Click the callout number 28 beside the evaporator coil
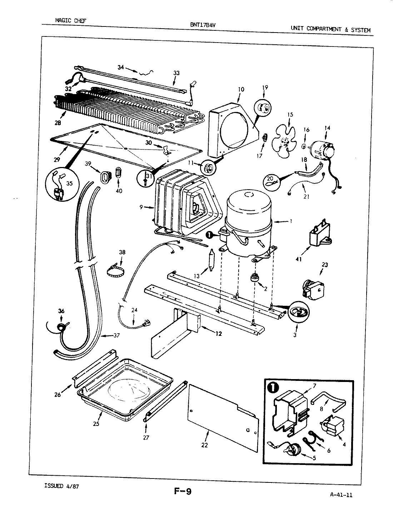(58, 123)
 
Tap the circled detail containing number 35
(59, 188)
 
